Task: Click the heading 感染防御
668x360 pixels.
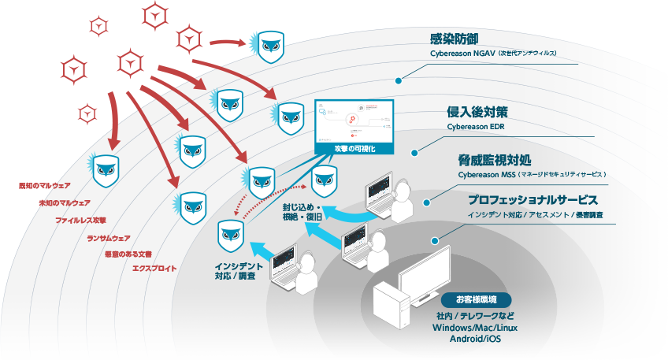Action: point(455,39)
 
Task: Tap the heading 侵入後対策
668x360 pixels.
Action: point(473,112)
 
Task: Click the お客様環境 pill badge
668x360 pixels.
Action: point(472,299)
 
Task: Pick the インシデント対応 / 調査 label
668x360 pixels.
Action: point(234,272)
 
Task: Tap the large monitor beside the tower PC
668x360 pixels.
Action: point(426,273)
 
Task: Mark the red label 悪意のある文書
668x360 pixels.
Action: point(128,254)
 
